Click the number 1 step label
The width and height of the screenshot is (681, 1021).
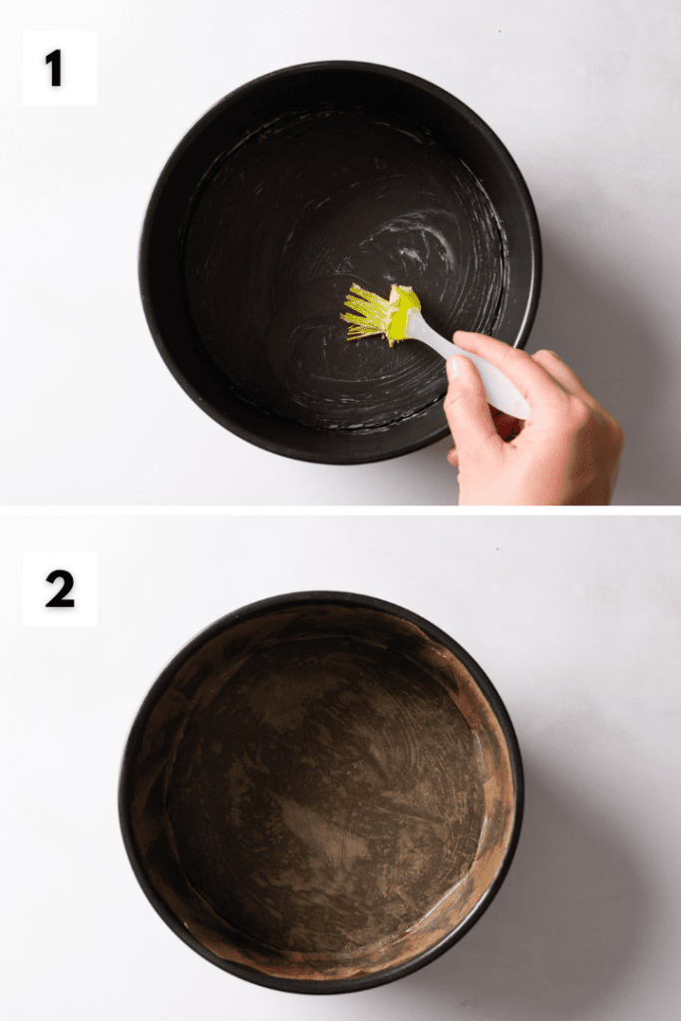coord(55,69)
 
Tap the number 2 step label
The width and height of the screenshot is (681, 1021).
coord(59,590)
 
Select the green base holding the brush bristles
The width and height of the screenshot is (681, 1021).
coord(404,315)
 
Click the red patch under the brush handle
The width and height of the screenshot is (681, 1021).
coord(508,427)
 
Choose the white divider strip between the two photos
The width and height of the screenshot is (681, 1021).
coord(341,510)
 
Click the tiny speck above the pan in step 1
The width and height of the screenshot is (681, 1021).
coord(500,31)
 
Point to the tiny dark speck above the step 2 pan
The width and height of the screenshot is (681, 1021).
coord(499,549)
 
